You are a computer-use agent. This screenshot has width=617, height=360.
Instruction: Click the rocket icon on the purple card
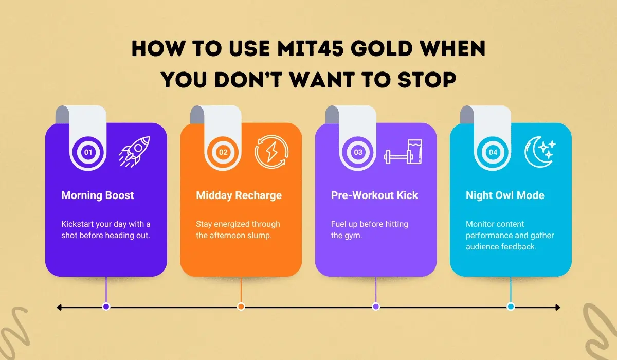(134, 152)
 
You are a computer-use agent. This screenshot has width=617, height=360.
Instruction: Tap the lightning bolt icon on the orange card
(271, 152)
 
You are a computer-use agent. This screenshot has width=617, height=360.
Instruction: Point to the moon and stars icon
(539, 152)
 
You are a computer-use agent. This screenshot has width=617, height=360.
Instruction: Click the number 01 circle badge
(88, 152)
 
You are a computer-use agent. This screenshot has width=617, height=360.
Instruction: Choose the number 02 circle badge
(223, 152)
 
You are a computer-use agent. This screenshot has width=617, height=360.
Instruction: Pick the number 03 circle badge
(358, 152)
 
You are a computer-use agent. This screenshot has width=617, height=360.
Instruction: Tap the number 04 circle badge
(493, 152)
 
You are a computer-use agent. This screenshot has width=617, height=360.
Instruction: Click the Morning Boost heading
(97, 195)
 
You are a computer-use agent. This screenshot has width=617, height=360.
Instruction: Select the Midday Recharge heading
(239, 195)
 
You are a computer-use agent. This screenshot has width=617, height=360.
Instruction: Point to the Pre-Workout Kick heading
(374, 195)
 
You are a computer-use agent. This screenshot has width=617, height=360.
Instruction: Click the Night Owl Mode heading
(505, 195)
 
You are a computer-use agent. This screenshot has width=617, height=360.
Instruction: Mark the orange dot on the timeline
(241, 307)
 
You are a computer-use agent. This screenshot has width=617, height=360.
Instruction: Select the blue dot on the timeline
(511, 307)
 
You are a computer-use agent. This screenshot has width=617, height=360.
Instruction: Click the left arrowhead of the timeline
(60, 307)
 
